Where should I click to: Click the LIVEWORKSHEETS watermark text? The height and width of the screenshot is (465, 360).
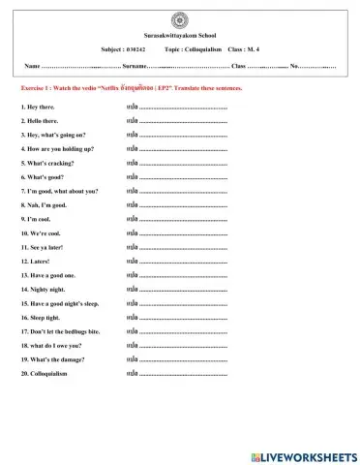coord(310,454)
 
